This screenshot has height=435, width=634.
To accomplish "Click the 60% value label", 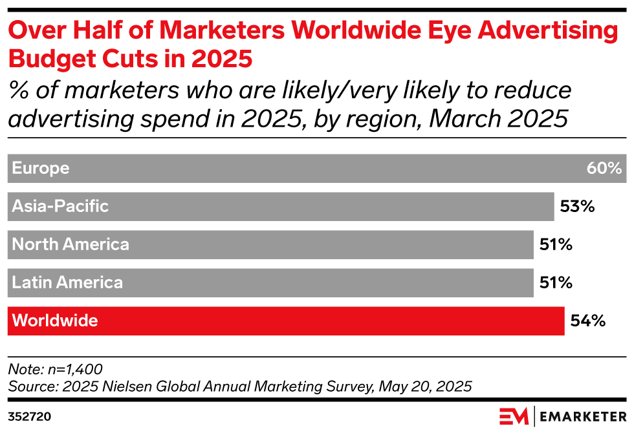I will pos(604,169).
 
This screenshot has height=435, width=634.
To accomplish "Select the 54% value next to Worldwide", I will pos(587,321).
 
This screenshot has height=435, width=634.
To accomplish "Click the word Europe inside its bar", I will pos(41,169).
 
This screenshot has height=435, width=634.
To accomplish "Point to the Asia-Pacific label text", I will pos(60,207).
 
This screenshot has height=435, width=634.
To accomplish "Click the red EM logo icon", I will pos(514,416).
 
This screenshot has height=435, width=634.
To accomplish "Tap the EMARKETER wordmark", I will pos(581,416).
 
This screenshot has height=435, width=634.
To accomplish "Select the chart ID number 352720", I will pos(29,417).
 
